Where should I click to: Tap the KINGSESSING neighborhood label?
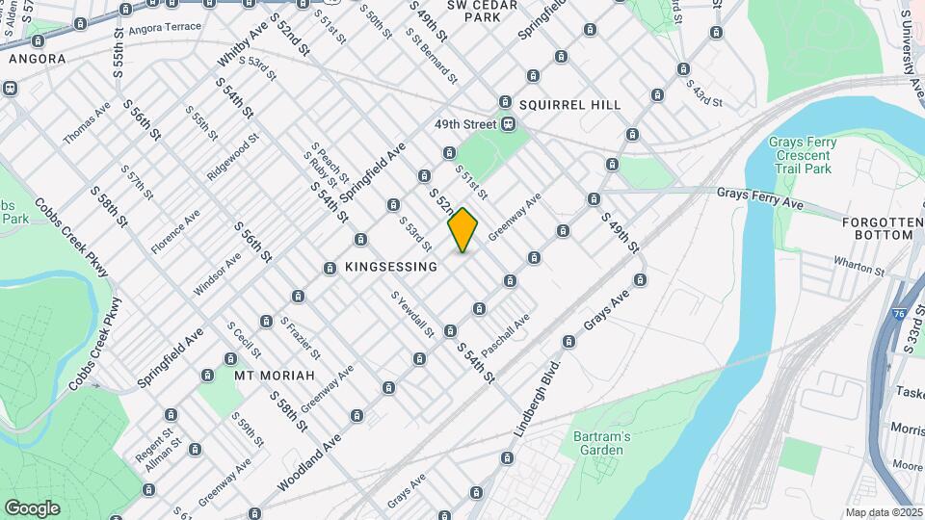click(390, 267)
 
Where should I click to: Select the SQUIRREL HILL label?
click(569, 104)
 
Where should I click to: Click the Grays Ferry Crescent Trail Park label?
click(803, 155)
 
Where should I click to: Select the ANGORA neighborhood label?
click(37, 59)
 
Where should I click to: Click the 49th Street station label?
click(463, 124)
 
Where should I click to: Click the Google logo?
click(32, 507)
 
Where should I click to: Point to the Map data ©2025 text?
click(884, 512)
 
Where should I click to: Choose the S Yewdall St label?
click(412, 315)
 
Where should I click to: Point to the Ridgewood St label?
click(233, 157)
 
